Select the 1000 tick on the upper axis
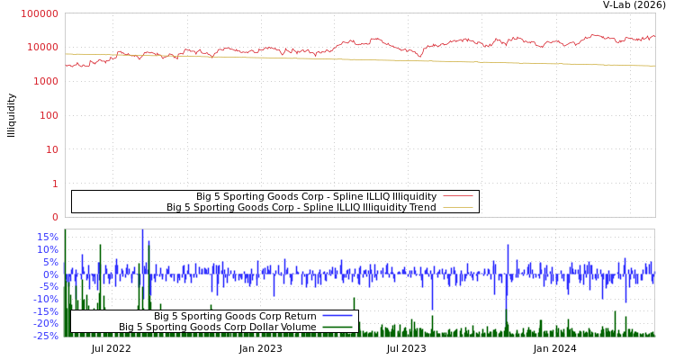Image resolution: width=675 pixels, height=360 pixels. tap(43, 81)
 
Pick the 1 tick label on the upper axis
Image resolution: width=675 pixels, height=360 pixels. tap(54, 184)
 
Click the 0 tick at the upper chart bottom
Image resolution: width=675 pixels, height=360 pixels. tap(54, 217)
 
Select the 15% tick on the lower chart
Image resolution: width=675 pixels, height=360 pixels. tap(47, 238)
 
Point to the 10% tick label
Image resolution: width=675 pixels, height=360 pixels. tap(47, 249)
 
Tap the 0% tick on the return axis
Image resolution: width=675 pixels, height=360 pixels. tap(50, 274)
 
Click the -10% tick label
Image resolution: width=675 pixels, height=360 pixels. tap(45, 299)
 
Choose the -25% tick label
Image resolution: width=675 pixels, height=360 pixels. tap(45, 336)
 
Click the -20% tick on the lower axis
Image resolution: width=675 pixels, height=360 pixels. tap(45, 323)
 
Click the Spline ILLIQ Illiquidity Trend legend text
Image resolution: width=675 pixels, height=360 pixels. tap(301, 208)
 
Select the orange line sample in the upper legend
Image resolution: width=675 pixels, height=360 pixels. tap(458, 208)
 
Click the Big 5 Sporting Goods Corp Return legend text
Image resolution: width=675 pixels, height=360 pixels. tap(235, 316)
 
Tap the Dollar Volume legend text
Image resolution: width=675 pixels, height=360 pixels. tap(217, 328)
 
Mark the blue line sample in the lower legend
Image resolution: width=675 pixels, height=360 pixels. tap(337, 316)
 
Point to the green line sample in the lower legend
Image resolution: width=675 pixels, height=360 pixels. tap(337, 328)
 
